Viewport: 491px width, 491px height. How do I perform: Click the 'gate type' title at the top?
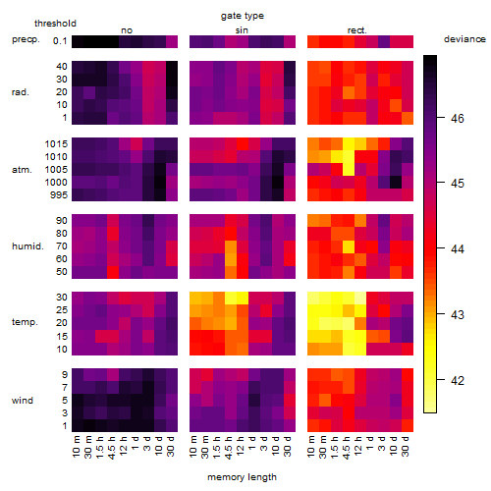point(243,16)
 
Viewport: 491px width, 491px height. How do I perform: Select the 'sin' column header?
point(242,30)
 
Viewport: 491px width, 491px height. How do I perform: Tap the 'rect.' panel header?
point(356,30)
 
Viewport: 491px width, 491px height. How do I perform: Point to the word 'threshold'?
point(55,24)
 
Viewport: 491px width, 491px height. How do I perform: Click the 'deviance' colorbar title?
point(464,39)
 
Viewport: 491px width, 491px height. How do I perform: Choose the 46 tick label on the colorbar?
point(458,118)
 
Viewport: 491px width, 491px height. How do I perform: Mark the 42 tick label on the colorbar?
point(458,381)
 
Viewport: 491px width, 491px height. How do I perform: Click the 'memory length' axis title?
point(242,477)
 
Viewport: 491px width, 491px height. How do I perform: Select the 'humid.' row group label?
point(27,246)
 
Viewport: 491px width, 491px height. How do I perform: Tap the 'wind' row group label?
point(23,401)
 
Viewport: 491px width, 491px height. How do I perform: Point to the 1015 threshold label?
point(56,144)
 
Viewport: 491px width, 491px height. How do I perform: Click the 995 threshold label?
point(59,195)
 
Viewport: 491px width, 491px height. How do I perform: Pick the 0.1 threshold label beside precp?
point(60,41)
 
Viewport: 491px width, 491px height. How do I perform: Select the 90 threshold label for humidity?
point(62,221)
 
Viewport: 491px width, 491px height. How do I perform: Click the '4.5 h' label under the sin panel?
point(229,447)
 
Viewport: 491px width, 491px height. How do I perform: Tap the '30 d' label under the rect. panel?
point(406,446)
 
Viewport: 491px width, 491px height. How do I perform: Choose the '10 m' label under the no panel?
point(76,447)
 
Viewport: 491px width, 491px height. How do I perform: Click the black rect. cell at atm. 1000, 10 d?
point(396,183)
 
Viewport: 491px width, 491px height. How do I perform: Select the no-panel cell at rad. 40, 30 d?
point(172,67)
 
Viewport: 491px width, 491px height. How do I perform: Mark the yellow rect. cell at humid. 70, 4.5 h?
point(349,246)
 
